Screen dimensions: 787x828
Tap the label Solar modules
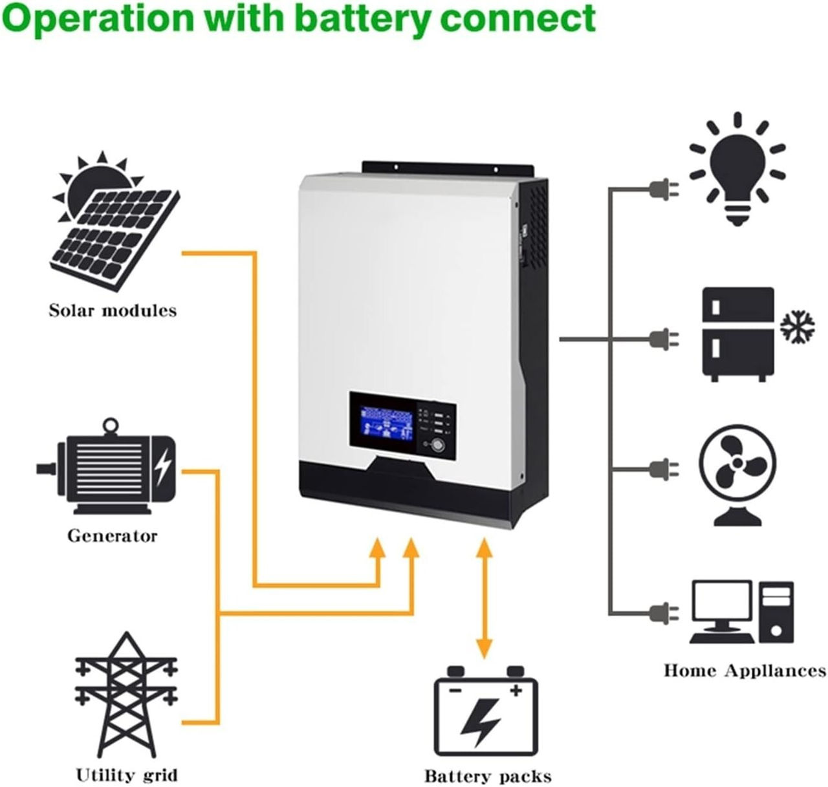point(113,311)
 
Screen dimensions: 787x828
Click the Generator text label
point(112,536)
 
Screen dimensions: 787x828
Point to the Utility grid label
point(126,775)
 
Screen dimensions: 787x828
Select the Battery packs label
point(488,776)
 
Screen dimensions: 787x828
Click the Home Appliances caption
point(745,671)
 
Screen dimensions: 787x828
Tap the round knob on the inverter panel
point(438,445)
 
